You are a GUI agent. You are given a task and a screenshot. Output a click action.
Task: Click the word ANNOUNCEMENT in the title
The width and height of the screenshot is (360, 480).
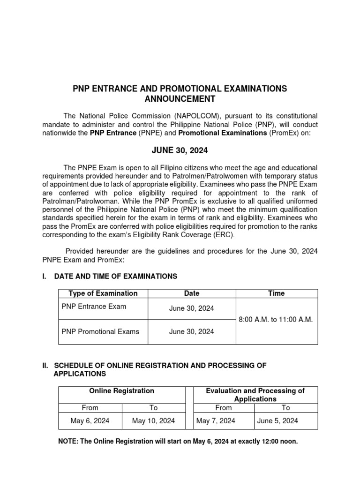[x=180, y=99]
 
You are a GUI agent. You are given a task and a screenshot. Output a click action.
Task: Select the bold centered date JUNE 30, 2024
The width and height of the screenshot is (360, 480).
[x=180, y=151]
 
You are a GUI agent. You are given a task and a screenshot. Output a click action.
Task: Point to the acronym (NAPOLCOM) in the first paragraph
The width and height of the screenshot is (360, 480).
[x=198, y=116]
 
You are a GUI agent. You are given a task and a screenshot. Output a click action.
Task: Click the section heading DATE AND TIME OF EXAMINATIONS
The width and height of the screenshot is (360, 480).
[x=115, y=277]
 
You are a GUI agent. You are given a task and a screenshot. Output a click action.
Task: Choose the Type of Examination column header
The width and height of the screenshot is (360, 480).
[x=103, y=293]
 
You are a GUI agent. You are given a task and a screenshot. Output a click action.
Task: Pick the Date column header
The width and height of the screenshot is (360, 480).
[x=191, y=293]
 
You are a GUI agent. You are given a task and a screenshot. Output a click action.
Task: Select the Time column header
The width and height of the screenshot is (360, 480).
[x=276, y=293]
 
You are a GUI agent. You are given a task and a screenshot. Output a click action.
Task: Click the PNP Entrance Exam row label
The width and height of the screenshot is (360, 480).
[x=94, y=306]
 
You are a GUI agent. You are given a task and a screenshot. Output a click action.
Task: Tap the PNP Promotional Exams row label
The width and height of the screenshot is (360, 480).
[x=100, y=331]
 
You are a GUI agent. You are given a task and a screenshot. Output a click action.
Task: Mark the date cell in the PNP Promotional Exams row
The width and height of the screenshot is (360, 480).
[x=191, y=331]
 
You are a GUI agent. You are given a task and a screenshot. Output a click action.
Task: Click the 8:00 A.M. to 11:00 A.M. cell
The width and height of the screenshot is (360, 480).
[x=276, y=319]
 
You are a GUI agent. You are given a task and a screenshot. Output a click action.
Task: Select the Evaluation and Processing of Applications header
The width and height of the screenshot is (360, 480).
[x=255, y=395]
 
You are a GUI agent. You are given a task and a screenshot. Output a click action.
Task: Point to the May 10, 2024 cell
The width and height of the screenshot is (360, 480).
[x=153, y=421]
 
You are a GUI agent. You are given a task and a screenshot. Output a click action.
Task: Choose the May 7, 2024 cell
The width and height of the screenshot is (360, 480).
[x=216, y=421]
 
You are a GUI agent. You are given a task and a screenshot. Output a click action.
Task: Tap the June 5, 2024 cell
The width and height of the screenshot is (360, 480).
[x=277, y=421]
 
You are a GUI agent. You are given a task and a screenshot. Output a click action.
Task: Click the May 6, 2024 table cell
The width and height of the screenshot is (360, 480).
[x=90, y=421]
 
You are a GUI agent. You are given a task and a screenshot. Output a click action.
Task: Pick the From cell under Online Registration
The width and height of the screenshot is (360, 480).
[x=90, y=408]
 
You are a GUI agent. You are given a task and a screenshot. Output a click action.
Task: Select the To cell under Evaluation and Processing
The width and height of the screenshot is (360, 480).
[x=286, y=408]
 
